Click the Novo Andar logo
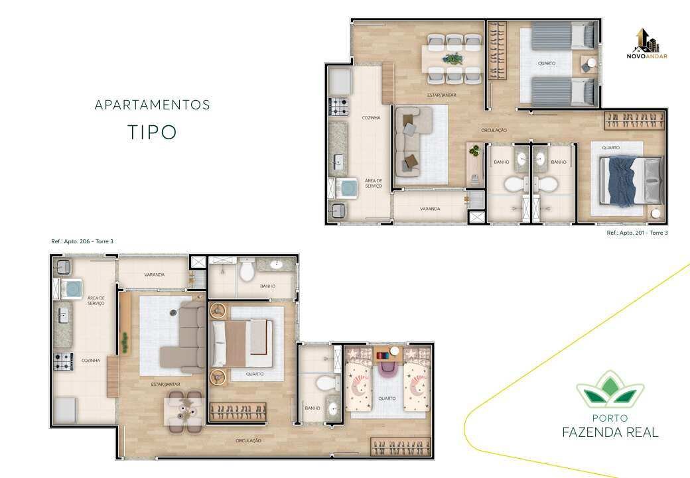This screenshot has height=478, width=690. click(646, 44)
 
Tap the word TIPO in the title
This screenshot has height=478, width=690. click(152, 132)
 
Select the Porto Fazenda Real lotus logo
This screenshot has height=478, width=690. click(610, 388)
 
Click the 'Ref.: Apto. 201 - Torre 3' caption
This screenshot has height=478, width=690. click(637, 233)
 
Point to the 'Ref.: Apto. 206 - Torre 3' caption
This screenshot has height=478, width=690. click(82, 241)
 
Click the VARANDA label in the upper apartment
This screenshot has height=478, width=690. click(430, 209)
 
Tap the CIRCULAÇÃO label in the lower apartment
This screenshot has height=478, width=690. click(248, 440)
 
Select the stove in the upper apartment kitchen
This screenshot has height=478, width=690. click(338, 107)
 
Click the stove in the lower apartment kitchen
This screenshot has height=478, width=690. click(64, 361)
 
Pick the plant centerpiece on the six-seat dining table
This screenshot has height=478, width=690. click(452, 58)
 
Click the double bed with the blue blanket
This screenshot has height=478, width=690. click(632, 181)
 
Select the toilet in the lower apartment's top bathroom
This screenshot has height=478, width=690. click(246, 270)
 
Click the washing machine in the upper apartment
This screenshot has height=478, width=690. click(344, 188)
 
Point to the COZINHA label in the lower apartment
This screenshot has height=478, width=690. click(91, 361)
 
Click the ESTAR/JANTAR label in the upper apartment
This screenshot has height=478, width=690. click(441, 95)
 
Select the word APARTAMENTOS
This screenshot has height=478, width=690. click(152, 105)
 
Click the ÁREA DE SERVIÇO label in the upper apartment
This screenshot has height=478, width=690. click(374, 184)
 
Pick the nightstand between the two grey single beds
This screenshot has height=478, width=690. click(588, 64)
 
